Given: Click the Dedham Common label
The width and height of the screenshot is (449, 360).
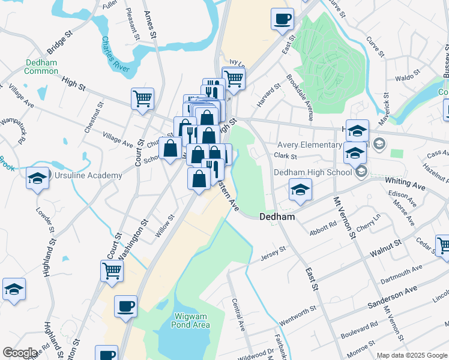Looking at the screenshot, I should tap(41, 67).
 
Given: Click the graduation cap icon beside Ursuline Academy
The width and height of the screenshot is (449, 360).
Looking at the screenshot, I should tap(38, 178).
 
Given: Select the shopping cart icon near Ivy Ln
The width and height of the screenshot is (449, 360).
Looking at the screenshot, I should tap(234, 77).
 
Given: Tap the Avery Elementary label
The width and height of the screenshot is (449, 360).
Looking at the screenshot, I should tap(309, 145).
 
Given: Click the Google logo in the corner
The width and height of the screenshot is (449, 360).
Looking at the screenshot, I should tap(20, 353).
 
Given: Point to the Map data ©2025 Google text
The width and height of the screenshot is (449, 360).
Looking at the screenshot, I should tap(411, 355).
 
